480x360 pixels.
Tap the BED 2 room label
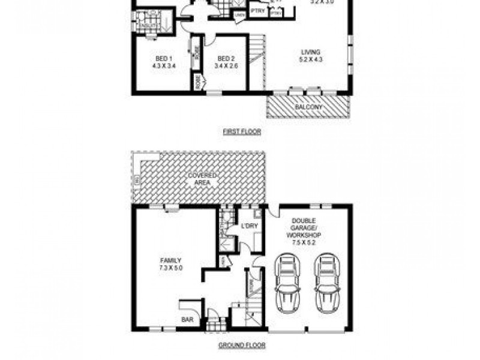click(x=226, y=58)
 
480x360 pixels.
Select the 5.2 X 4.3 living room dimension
click(x=311, y=59)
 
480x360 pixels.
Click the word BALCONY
click(x=308, y=107)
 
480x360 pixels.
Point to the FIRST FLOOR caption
click(x=241, y=131)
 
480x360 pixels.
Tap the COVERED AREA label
click(x=202, y=178)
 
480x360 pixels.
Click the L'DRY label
click(x=249, y=226)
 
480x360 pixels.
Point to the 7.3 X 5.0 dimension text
click(x=171, y=268)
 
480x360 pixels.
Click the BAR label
click(x=187, y=320)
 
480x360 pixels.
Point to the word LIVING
click(x=311, y=52)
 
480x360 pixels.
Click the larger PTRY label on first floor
click(x=258, y=11)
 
